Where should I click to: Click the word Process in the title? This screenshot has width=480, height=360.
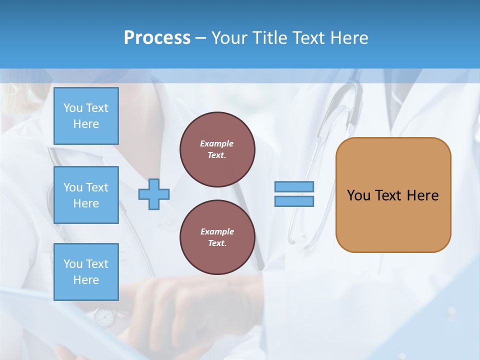coord(157,38)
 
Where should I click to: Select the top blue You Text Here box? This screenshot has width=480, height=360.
coord(86,116)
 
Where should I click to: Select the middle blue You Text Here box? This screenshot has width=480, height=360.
coord(86,195)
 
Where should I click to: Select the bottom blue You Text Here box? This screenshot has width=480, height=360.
coord(86,272)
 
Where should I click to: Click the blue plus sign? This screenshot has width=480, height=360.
coord(154,194)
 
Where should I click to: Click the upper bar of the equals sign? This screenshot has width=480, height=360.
coord(294,187)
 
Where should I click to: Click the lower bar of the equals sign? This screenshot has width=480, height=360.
coord(294,201)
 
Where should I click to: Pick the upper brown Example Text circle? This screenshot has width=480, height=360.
coord(217,149)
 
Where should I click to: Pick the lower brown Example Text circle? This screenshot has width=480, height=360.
coord(217,237)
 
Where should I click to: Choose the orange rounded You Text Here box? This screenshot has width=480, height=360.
coord(393,195)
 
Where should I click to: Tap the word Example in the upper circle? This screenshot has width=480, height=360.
coord(217,143)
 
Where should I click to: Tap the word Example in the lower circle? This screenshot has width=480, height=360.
coord(217,231)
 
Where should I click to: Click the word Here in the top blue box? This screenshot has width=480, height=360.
coord(86,124)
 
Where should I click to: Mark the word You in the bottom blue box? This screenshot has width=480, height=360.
coord(72,264)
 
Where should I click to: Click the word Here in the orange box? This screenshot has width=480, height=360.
coord(422,195)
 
